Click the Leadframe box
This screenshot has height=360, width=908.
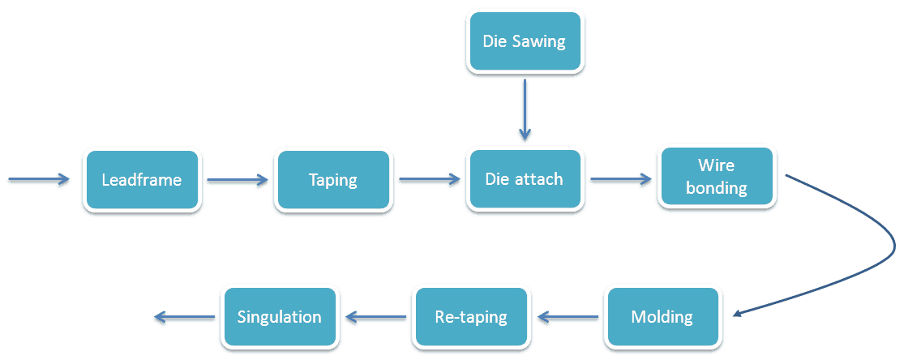click(141, 179)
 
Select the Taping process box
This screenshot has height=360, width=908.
click(333, 179)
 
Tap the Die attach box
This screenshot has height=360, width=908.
click(524, 179)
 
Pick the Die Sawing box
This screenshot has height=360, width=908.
click(524, 41)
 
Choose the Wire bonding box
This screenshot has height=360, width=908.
click(717, 176)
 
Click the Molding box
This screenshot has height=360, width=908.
click(662, 316)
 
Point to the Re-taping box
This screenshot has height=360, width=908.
click(471, 316)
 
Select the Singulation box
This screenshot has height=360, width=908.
click(280, 316)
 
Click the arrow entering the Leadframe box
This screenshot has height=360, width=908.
click(39, 179)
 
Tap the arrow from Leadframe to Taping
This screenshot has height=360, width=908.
click(238, 180)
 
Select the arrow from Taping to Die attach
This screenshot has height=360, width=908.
click(429, 179)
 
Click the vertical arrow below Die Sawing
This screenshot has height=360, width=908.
click(525, 109)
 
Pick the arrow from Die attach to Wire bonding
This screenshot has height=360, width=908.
click(621, 179)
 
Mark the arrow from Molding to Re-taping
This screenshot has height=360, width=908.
click(567, 316)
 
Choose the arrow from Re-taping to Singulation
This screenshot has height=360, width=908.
click(376, 316)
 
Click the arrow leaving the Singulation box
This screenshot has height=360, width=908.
click(185, 316)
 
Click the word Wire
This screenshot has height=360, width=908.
click(717, 165)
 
